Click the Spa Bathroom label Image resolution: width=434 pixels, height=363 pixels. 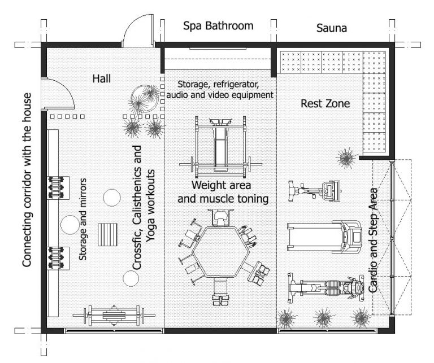point(218,26)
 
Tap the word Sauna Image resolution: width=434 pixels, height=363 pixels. point(331,27)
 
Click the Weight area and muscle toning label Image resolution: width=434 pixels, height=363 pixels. point(222,192)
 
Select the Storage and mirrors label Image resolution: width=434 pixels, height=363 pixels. point(83,218)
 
